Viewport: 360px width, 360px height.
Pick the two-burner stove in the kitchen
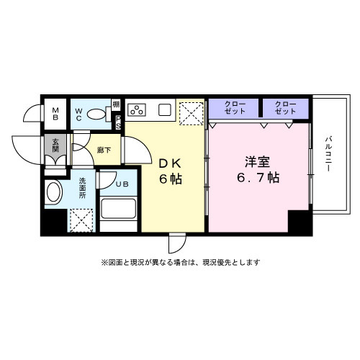coord(137,110)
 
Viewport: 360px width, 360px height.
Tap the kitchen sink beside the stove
coord(163,110)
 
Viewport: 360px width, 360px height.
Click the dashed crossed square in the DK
coord(191,112)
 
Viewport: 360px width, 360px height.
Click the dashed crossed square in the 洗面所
coord(80,219)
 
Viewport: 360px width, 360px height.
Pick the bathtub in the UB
coord(117,208)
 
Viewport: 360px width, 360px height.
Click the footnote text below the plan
coord(180,262)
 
